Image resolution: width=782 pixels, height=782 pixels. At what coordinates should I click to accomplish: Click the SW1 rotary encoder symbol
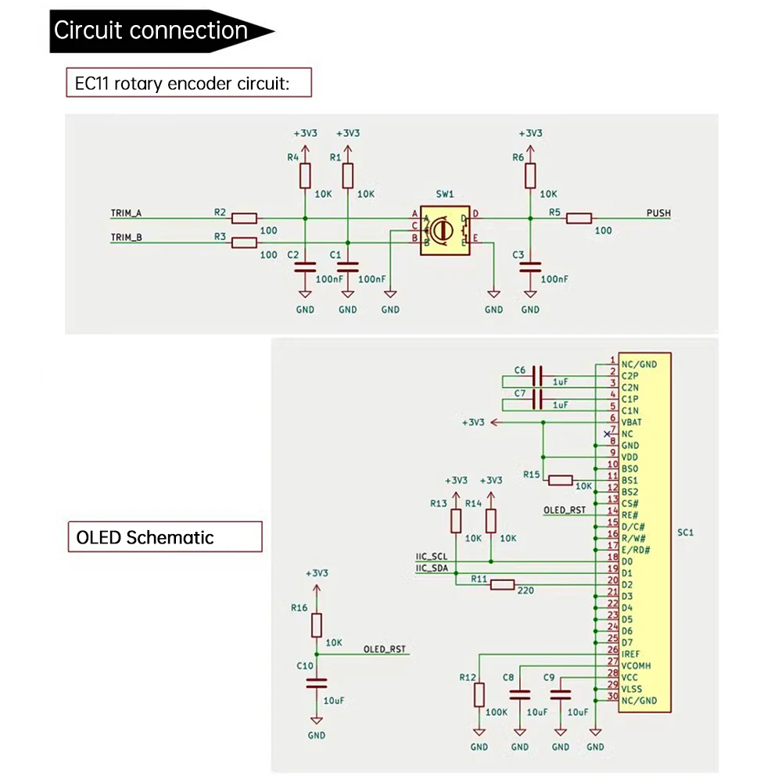pos(442,229)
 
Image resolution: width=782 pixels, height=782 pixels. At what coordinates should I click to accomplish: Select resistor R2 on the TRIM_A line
pos(245,218)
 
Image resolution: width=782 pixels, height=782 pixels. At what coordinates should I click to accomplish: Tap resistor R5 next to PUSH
pos(579,218)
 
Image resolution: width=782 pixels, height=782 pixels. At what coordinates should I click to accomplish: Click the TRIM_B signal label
pos(126,238)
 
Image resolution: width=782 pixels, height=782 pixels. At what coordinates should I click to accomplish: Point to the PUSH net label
pos(658,213)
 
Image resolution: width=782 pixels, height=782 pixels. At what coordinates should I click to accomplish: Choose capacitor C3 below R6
pos(530,267)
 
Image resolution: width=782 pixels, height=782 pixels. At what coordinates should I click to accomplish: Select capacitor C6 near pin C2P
pos(537,375)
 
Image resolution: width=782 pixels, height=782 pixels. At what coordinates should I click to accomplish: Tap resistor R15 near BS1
pos(560,480)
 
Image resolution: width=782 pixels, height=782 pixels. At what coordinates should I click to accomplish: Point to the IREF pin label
pos(632,652)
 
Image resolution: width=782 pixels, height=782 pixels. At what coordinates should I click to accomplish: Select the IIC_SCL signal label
pos(431,556)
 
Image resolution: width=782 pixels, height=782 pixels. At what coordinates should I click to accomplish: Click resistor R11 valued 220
pos(501,584)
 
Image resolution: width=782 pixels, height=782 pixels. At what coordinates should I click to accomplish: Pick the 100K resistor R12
pos(479,694)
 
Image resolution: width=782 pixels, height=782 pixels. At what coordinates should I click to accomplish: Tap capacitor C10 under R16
pos(316,682)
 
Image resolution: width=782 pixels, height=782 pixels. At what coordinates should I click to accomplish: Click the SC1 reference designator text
pos(686,533)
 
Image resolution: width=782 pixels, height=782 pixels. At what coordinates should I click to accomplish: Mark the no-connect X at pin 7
pos(607,433)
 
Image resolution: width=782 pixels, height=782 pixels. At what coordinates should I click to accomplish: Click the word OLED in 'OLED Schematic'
pos(99,537)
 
